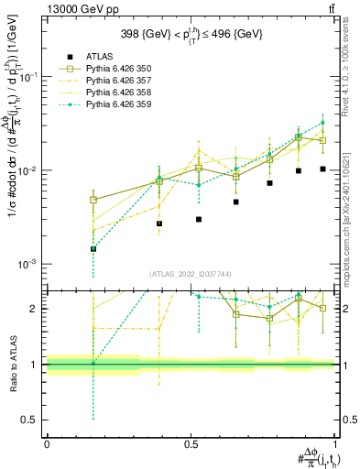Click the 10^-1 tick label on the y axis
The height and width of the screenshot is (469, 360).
point(30,78)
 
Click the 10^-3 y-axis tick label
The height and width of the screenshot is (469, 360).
point(30,264)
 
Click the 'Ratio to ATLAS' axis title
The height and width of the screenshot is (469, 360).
point(12,365)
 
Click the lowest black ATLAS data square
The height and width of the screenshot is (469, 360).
point(93,248)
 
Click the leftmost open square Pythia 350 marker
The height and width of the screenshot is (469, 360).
point(93,200)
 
